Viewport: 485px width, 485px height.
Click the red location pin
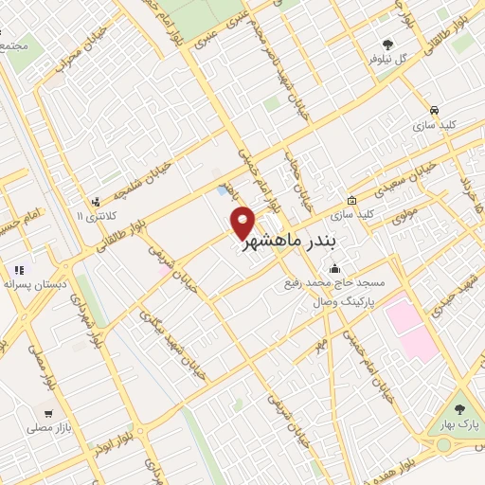coord(242,222)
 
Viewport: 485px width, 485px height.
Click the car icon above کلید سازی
coord(433,110)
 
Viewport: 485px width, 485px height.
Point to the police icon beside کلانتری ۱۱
coord(95,202)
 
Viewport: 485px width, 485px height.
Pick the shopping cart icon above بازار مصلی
coord(46,413)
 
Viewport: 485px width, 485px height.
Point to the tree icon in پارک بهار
coord(459,408)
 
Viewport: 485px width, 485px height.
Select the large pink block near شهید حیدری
coord(410,328)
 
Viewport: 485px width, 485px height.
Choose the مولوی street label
coord(405,203)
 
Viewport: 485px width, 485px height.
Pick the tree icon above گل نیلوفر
coord(386,44)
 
